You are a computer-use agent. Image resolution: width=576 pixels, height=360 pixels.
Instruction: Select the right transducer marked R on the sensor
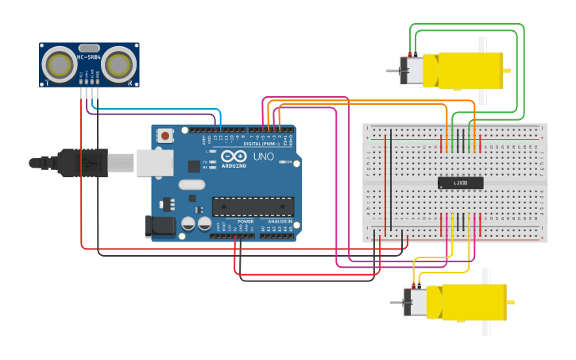pos(118,62)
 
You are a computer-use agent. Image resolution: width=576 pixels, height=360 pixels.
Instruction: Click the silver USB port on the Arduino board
pos(154,162)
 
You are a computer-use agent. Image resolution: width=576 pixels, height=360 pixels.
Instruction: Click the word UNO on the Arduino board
pos(263,157)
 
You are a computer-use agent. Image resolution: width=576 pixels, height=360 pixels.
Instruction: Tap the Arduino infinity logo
pos(234,157)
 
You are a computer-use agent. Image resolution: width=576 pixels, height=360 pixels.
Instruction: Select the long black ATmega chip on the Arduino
pos(252,207)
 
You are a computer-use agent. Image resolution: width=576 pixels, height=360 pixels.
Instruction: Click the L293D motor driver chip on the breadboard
pos(460,183)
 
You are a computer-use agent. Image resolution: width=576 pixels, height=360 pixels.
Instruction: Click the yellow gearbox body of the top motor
pos(463,70)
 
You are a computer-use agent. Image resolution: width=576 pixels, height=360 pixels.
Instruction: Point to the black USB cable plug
pos(79,162)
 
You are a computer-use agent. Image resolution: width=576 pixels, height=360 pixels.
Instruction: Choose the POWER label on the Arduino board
pos(246,222)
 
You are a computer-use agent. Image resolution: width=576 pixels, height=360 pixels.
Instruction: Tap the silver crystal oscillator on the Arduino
pos(191,184)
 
